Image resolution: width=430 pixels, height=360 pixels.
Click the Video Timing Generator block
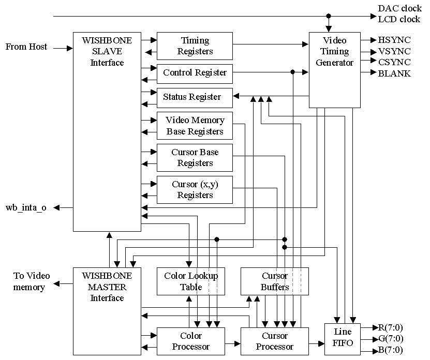[334, 70]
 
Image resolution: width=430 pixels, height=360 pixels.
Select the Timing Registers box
[195, 46]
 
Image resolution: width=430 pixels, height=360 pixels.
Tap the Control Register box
[195, 73]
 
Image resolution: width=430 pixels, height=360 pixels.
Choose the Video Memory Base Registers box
[195, 126]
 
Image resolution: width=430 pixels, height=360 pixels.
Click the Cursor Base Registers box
[195, 158]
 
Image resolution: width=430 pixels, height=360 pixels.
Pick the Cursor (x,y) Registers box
[195, 190]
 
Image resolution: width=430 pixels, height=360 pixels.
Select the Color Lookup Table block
[191, 281]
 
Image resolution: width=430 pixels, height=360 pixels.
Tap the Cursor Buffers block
[275, 281]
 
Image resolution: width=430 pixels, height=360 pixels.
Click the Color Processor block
[191, 341]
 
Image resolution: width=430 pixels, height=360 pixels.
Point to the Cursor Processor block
[275, 341]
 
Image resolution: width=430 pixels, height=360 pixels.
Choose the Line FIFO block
[342, 339]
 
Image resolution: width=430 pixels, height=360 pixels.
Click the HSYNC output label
[394, 40]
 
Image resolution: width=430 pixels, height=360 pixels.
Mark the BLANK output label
[394, 73]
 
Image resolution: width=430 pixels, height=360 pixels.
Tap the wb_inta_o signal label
[26, 208]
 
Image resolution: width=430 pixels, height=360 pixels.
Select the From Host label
[26, 47]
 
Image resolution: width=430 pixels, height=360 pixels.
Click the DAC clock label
[399, 9]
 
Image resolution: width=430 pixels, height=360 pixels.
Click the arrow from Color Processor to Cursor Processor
[233, 343]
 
